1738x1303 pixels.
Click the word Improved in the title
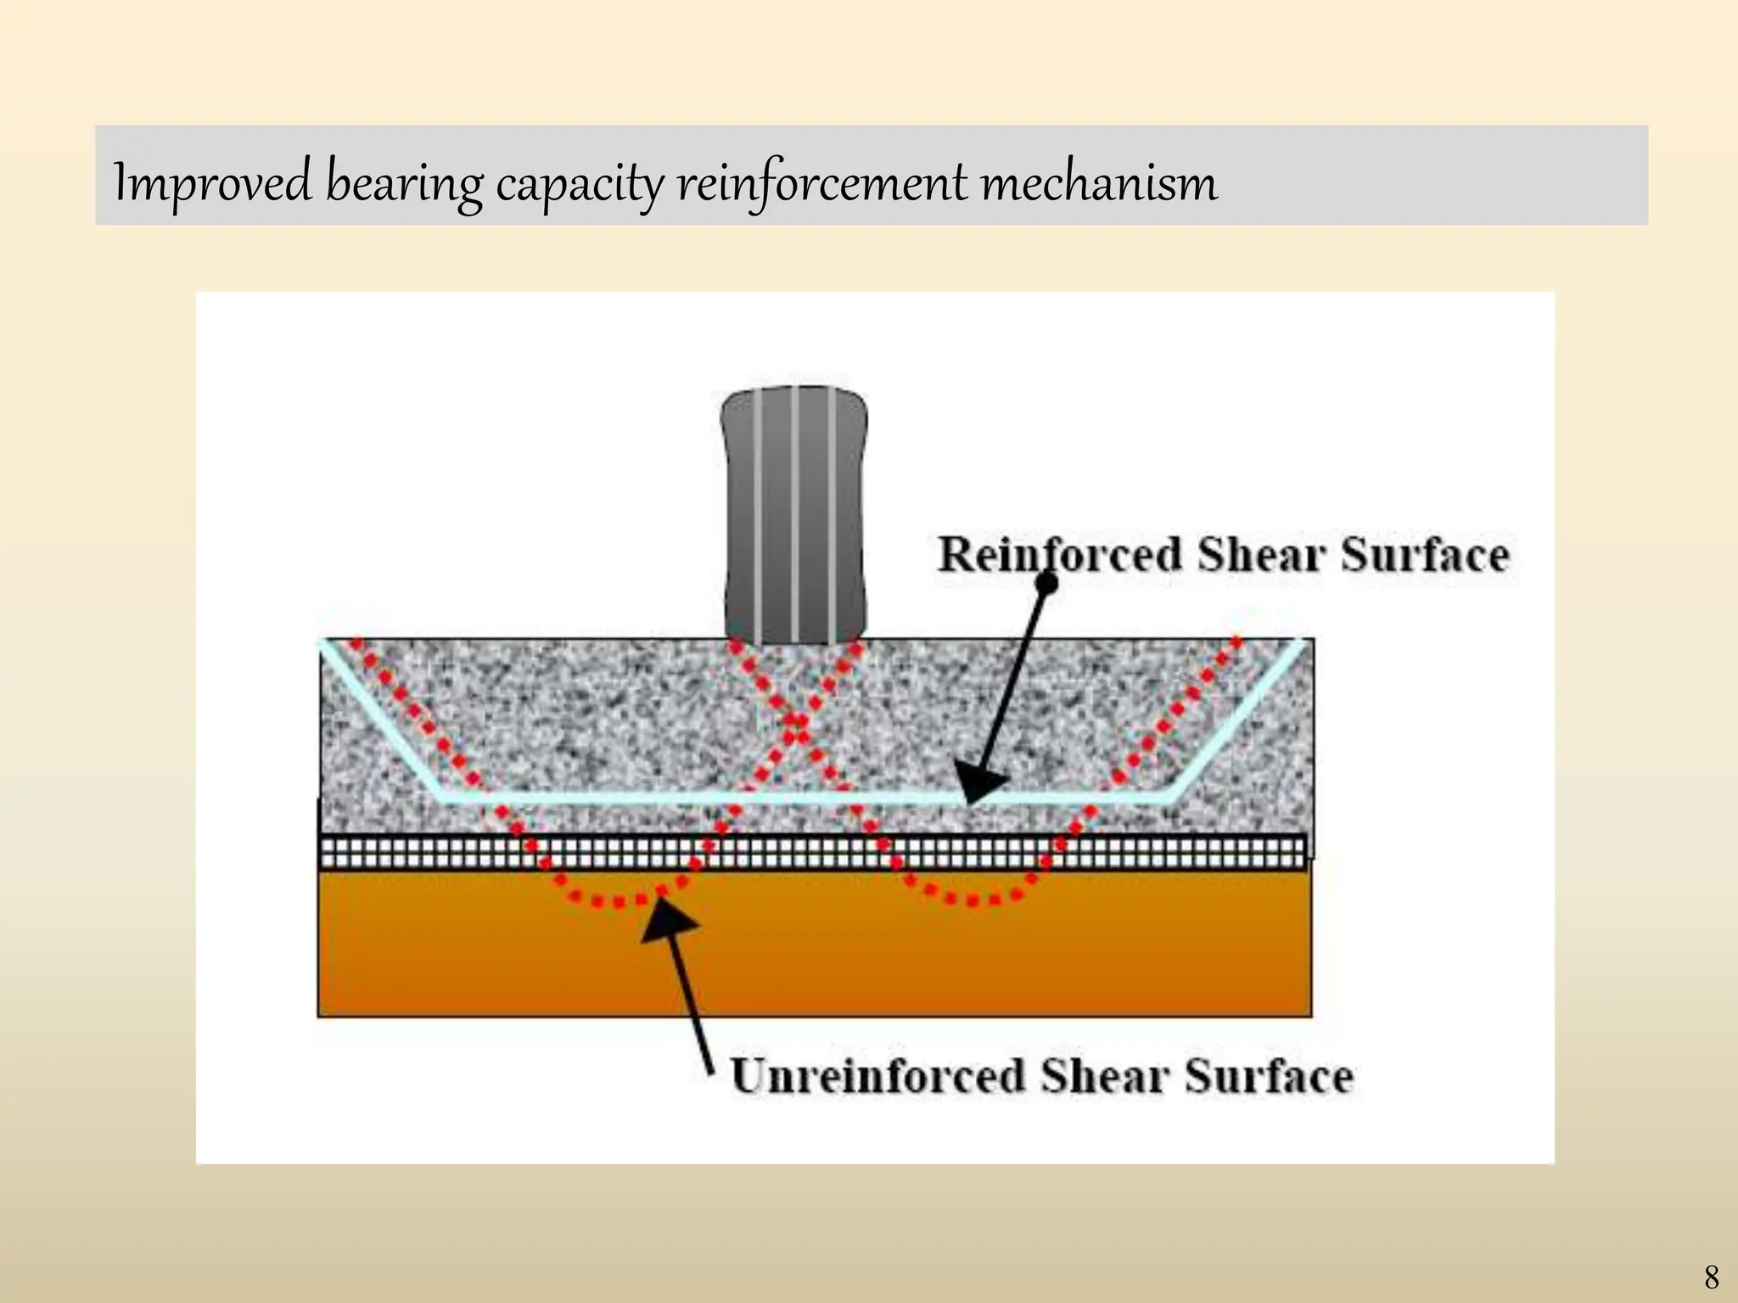212,182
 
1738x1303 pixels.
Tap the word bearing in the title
404,182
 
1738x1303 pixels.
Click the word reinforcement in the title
821,182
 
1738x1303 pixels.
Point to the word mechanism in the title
1099,182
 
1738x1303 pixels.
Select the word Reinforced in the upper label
1060,555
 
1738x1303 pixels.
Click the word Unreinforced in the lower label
878,1077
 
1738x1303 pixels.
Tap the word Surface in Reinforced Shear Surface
1425,555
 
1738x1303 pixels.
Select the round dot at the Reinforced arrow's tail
1047,583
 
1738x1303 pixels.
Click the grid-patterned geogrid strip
815,852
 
